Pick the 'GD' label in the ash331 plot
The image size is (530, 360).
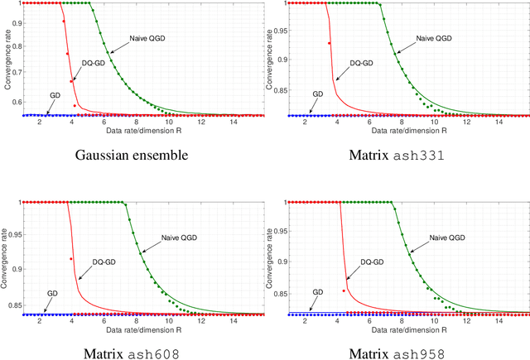pyautogui.click(x=318, y=94)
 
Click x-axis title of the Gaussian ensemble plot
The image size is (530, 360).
pyautogui.click(x=137, y=131)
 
